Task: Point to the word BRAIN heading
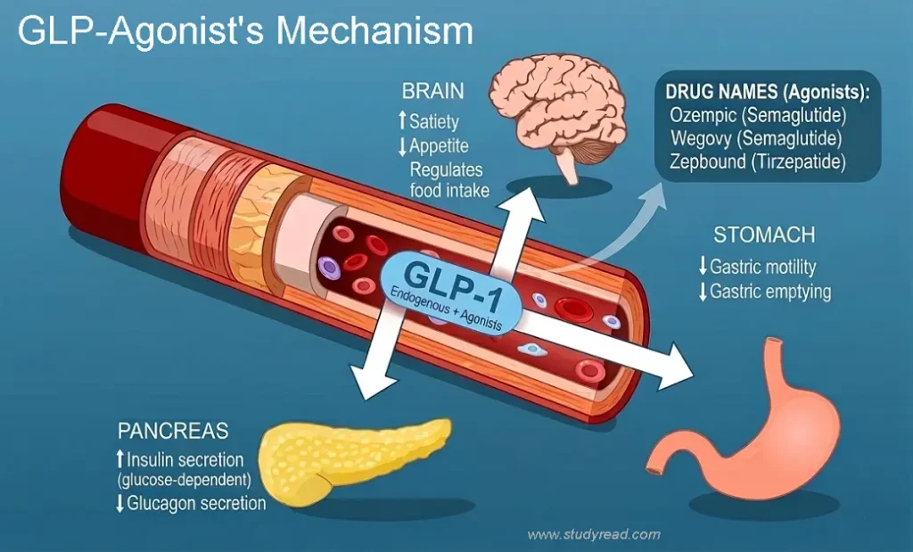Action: pos(432,91)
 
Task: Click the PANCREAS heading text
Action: pos(173,432)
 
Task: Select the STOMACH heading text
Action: pos(763,235)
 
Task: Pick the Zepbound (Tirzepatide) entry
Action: pos(758,163)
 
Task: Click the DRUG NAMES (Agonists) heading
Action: pos(767,92)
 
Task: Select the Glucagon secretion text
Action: pos(196,504)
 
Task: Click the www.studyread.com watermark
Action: pos(594,535)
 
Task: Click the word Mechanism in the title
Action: pos(374,31)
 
